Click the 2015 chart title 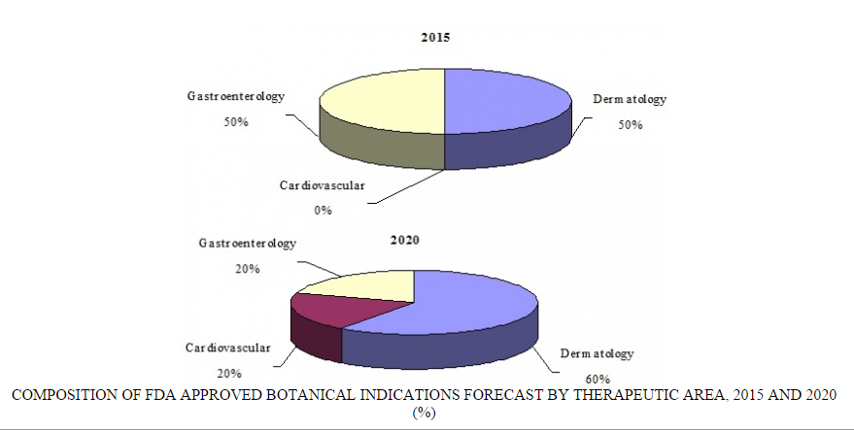coord(434,37)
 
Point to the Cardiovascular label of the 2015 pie coord(323,184)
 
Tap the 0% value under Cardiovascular coord(323,210)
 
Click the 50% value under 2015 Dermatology coord(631,125)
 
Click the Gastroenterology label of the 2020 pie coord(247,244)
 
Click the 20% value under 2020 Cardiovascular coord(229,373)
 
